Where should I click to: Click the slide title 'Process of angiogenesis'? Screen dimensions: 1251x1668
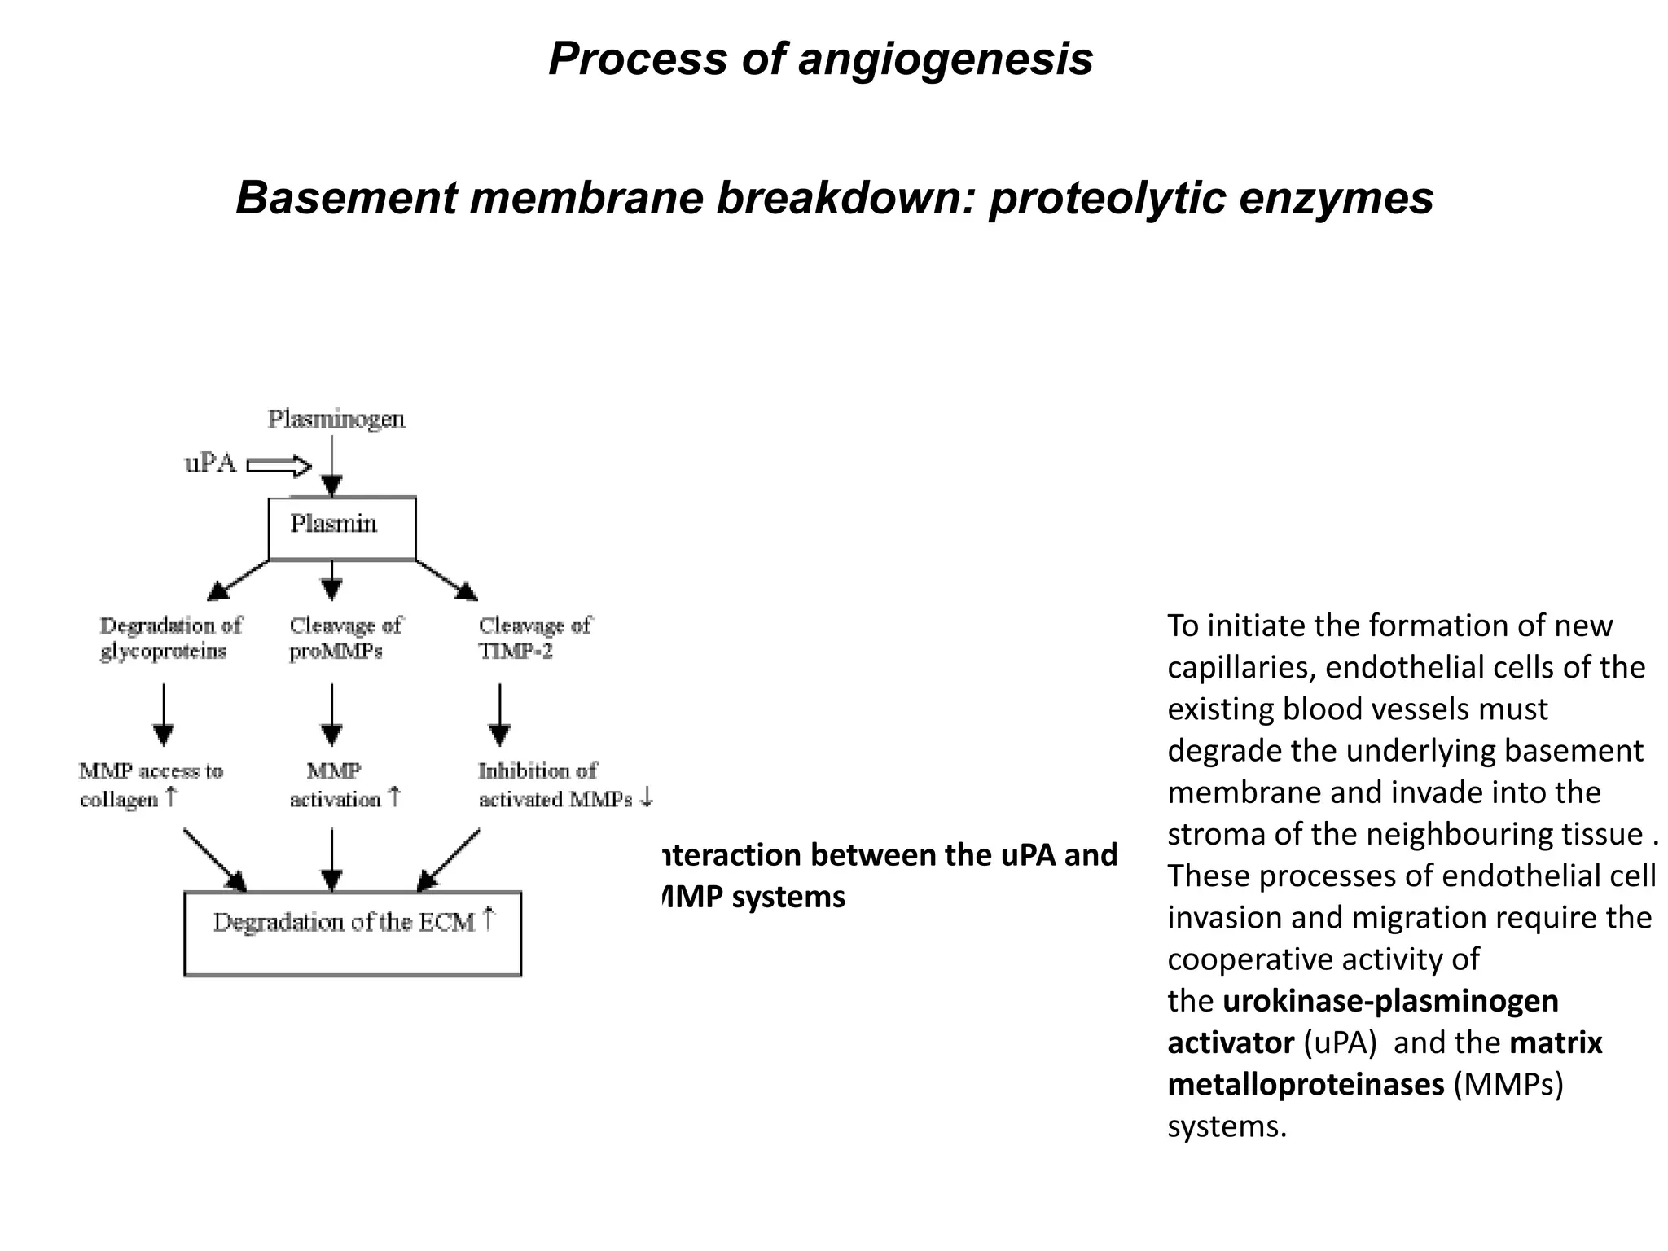click(x=820, y=59)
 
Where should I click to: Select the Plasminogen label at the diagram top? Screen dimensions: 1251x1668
click(x=336, y=419)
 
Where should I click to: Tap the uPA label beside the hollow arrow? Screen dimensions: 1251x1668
click(x=209, y=463)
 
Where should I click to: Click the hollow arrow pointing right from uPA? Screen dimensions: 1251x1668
click(x=279, y=466)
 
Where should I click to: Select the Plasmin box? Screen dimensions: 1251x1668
click(x=341, y=528)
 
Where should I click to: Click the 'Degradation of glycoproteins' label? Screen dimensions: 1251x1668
click(x=170, y=638)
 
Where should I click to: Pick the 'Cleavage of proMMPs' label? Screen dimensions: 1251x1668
click(x=345, y=638)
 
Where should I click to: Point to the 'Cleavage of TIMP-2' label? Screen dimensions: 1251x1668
click(x=533, y=638)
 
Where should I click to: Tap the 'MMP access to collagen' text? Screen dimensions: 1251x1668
click(x=150, y=784)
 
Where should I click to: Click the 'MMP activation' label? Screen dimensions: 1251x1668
click(x=343, y=784)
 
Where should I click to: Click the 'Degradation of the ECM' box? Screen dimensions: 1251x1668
click(x=352, y=933)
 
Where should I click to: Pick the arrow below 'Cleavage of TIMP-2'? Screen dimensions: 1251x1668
click(x=499, y=713)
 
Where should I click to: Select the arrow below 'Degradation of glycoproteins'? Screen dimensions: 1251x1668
click(x=164, y=713)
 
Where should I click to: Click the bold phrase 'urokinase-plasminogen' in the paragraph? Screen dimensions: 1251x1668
click(x=1390, y=1001)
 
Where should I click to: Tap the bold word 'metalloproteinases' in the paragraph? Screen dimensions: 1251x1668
click(x=1306, y=1085)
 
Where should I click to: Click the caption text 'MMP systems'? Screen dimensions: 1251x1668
click(x=753, y=898)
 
